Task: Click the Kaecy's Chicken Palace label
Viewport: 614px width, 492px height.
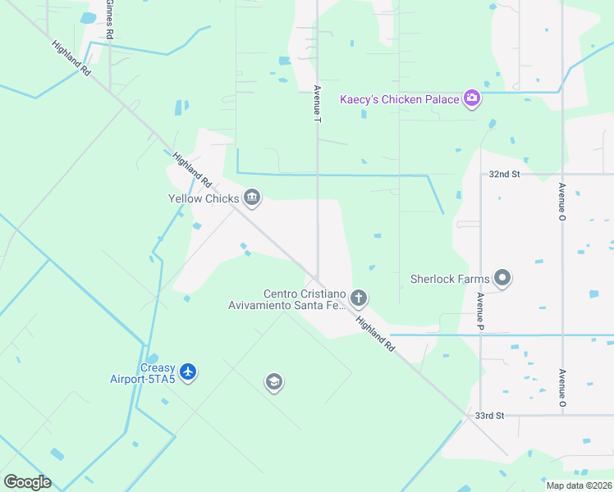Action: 400,99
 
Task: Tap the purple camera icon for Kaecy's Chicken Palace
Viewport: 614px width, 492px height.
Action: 472,99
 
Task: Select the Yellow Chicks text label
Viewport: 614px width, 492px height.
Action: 204,198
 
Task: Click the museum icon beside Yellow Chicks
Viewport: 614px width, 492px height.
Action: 252,198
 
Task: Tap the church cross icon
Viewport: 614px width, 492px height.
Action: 358,298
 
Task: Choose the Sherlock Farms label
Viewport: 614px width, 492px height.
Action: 450,279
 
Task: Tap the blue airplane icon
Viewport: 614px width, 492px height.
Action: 189,372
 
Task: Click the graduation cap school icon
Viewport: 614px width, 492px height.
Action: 273,382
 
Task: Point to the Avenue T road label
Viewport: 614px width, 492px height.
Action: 318,103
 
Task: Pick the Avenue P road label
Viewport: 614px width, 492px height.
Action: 480,312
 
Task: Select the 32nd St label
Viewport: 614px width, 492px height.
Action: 504,175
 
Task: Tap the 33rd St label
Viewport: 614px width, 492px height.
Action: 490,416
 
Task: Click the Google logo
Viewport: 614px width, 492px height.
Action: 27,482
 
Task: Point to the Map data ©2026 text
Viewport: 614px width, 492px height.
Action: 579,485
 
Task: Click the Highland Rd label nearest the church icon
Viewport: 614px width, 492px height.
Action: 375,334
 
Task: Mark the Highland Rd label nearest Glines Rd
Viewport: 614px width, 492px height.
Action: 71,59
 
